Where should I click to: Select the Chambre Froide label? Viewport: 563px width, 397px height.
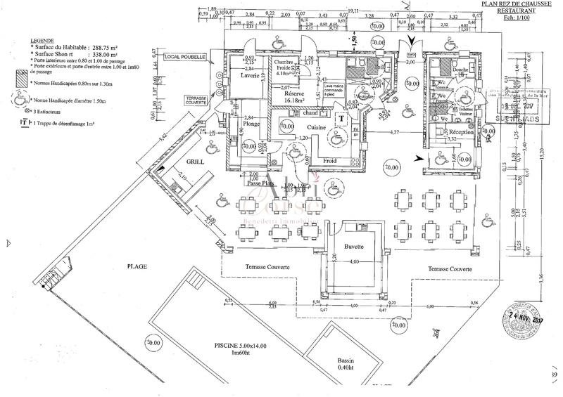click(x=287, y=65)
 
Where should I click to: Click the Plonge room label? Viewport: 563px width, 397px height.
click(x=251, y=124)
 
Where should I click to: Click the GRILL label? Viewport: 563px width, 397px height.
click(x=195, y=161)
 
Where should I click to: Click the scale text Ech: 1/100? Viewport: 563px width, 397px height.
click(x=517, y=20)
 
